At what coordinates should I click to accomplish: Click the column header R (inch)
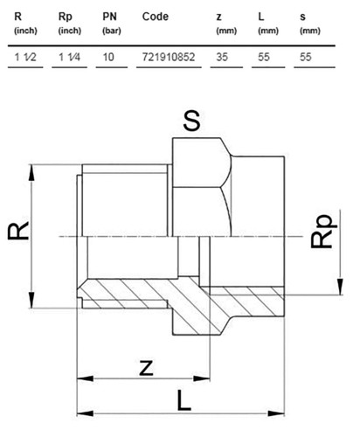[x=25, y=23]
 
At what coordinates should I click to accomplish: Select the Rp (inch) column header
[x=70, y=23]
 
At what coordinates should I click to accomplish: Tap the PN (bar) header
[x=112, y=23]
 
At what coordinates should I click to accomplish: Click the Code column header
[x=156, y=17]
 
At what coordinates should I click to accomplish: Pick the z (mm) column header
[x=226, y=24]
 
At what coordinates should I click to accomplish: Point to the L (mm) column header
[x=268, y=23]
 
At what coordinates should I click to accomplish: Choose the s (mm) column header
[x=310, y=24]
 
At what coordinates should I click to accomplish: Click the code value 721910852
[x=169, y=57]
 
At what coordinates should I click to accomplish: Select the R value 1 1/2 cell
[x=25, y=57]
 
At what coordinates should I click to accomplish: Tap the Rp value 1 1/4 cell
[x=70, y=57]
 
